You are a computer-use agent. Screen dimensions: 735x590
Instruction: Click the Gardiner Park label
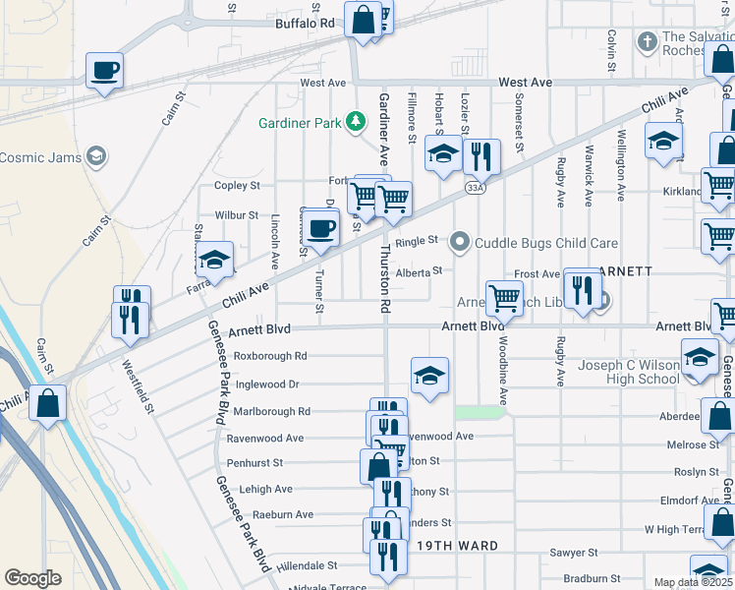(x=299, y=123)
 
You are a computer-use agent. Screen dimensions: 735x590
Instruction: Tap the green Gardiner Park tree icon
(x=354, y=123)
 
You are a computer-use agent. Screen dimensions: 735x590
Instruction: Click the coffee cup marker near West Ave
(x=104, y=71)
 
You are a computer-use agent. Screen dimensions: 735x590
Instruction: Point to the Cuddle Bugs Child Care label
(x=546, y=243)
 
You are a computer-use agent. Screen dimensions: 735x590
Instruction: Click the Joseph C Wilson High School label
(x=629, y=372)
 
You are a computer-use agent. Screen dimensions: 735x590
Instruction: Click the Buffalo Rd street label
(x=305, y=23)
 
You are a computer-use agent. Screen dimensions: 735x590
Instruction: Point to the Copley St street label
(x=237, y=185)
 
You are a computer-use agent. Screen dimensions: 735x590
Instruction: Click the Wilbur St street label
(x=237, y=215)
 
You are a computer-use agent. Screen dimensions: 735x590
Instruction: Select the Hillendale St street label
(x=307, y=566)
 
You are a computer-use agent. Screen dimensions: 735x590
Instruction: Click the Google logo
(x=33, y=577)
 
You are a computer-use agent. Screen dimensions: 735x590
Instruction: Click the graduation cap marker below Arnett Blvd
(x=429, y=377)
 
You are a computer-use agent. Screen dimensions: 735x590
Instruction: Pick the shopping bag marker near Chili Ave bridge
(x=48, y=402)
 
